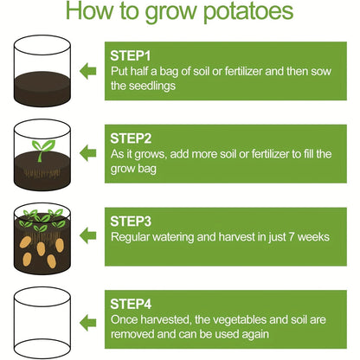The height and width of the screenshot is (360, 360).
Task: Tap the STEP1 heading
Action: click(x=132, y=55)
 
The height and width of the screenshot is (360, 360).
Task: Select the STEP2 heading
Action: click(x=132, y=138)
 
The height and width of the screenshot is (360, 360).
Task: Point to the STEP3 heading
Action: click(x=132, y=221)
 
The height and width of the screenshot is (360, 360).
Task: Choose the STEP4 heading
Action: click(x=132, y=303)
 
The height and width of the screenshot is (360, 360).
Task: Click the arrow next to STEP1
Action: click(x=87, y=70)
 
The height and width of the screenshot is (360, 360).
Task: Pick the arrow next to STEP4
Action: click(x=87, y=317)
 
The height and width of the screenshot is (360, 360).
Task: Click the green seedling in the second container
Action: click(x=41, y=145)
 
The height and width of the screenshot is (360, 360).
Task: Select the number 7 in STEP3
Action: click(x=279, y=235)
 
